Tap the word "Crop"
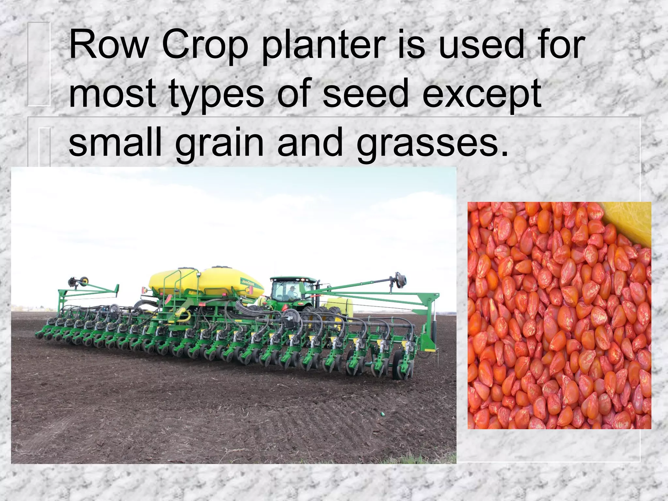coord(205,46)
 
